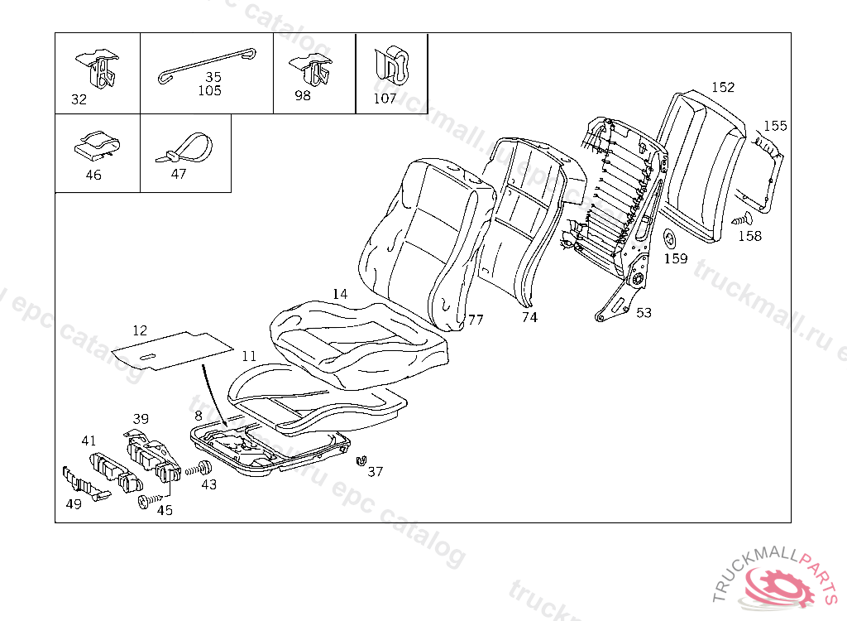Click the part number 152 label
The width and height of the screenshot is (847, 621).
tap(723, 87)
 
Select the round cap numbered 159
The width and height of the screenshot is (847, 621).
tap(671, 239)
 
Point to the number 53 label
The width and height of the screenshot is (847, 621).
tap(644, 312)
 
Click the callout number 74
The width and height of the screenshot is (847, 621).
tap(529, 316)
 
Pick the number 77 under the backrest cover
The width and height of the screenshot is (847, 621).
tap(476, 319)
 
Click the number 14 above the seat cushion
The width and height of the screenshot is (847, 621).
tap(340, 294)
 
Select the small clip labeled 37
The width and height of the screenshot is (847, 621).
tap(360, 460)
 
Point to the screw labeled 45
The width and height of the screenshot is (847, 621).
tap(146, 501)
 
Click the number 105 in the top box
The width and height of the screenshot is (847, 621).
tap(209, 91)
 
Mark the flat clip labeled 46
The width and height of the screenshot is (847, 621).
tap(96, 144)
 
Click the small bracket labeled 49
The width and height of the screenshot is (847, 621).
tap(82, 484)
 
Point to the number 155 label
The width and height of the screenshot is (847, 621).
tap(775, 126)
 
